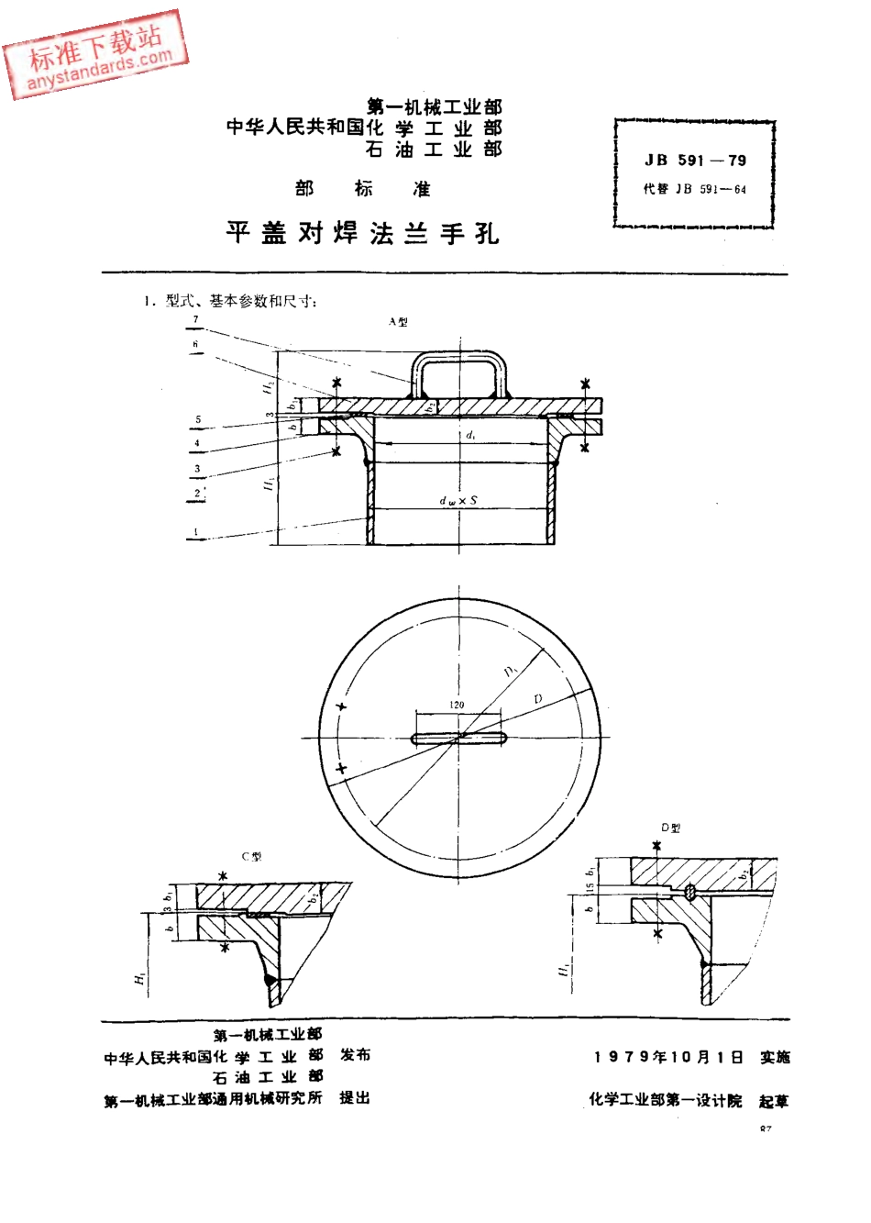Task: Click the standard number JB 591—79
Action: [695, 161]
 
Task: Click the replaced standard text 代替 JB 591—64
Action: [695, 190]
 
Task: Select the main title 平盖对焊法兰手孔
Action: [362, 233]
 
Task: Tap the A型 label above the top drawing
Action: [397, 322]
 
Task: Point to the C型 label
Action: [251, 856]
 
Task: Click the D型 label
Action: [671, 828]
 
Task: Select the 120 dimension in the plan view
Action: [457, 705]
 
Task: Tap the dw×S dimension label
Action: [458, 501]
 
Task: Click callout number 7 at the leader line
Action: [195, 319]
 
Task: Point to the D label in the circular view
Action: [538, 699]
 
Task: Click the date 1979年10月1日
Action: [668, 1057]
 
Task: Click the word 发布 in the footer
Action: [355, 1054]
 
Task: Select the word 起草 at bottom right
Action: [773, 1101]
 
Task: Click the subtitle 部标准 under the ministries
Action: [363, 189]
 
